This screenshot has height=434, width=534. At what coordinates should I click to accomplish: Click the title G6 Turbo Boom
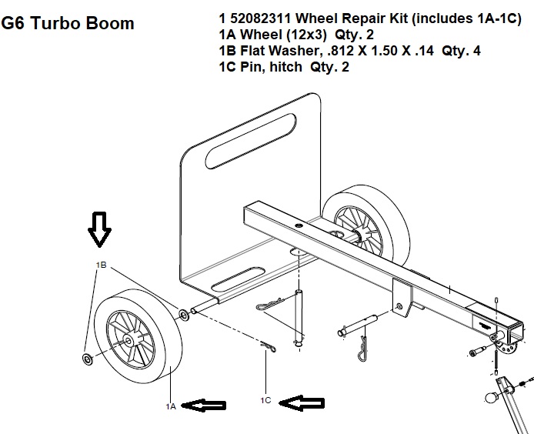68,24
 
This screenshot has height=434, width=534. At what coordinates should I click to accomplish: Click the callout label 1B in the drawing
101,265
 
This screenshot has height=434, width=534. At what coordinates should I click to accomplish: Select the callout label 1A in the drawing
171,406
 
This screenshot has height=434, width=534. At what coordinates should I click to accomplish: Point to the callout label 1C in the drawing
265,401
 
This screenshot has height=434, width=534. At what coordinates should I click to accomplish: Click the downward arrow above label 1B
99,229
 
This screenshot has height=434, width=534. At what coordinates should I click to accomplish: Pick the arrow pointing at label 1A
204,405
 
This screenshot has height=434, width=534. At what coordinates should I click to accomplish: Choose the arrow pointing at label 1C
302,403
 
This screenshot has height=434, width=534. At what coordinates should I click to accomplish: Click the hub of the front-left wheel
128,341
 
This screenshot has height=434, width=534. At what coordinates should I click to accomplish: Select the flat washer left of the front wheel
88,359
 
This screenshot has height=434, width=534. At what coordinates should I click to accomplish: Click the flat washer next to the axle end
184,315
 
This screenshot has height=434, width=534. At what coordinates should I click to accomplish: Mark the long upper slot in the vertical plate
251,141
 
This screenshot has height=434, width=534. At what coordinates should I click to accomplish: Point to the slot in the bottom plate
238,279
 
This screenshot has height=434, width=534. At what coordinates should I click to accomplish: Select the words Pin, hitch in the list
271,67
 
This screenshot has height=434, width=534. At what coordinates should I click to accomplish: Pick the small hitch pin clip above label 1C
269,347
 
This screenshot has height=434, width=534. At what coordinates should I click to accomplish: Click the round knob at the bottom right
492,398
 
